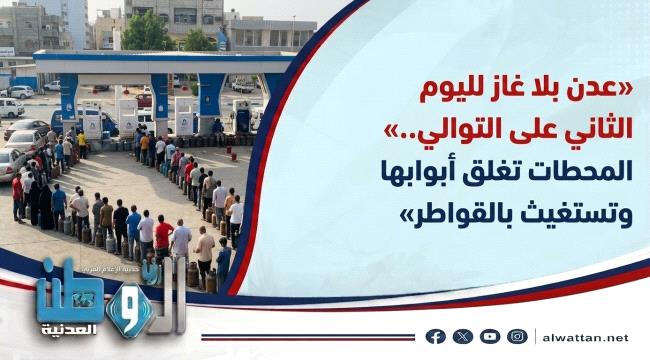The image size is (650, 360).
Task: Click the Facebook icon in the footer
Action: (x=436, y=336)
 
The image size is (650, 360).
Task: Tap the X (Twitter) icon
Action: (x=463, y=336)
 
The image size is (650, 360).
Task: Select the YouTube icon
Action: (x=490, y=336)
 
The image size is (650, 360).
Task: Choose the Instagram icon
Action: (x=517, y=336)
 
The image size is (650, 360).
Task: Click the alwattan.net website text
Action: (x=585, y=338)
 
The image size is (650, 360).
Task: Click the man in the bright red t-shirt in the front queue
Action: (x=163, y=237)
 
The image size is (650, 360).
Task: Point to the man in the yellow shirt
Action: (x=82, y=144)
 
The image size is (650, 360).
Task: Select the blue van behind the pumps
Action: (x=84, y=122)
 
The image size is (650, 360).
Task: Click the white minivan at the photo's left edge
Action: (x=11, y=108)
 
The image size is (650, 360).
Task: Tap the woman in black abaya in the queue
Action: (x=46, y=207)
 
